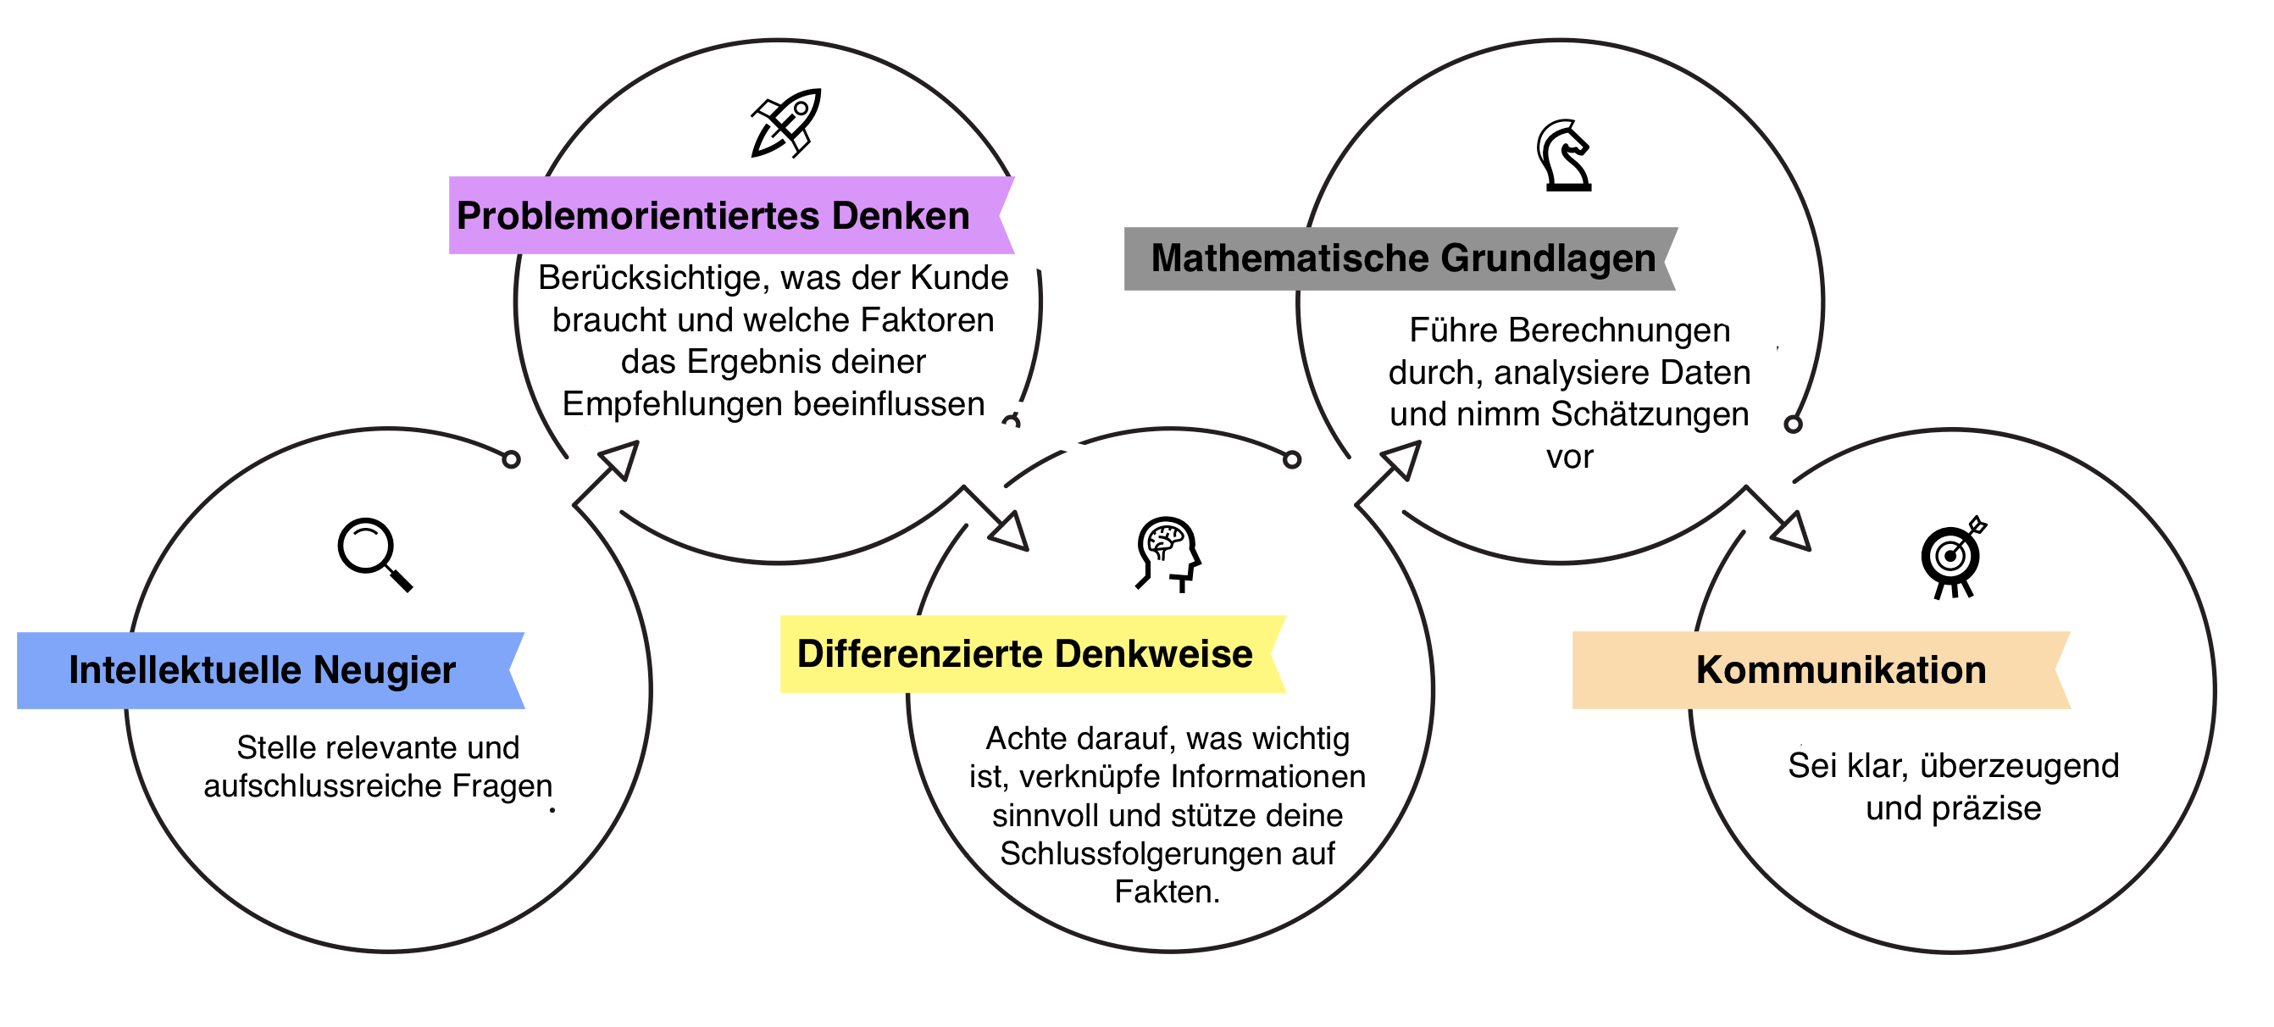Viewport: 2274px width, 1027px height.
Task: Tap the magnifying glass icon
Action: (x=374, y=552)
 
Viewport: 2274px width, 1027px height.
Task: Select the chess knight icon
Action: (x=1564, y=155)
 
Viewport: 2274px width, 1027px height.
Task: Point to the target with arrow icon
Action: (x=1953, y=557)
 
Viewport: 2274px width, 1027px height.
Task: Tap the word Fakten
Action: (x=1166, y=892)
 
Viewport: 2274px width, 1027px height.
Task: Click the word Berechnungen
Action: (x=1619, y=330)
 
